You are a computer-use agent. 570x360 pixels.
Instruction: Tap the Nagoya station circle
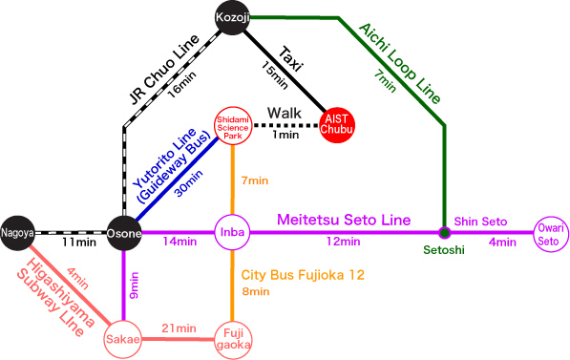click(17, 232)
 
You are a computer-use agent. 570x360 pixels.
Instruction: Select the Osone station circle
click(125, 233)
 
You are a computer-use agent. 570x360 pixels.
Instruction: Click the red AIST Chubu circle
click(336, 124)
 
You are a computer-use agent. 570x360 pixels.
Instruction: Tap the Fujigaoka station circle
click(232, 339)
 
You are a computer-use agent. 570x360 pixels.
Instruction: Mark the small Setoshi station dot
click(444, 233)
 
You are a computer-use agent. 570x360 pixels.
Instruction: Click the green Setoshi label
click(444, 252)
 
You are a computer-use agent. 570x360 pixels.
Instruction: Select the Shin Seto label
click(480, 221)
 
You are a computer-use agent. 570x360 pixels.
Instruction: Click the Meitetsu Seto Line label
click(345, 221)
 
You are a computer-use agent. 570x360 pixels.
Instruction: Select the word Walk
click(285, 114)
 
